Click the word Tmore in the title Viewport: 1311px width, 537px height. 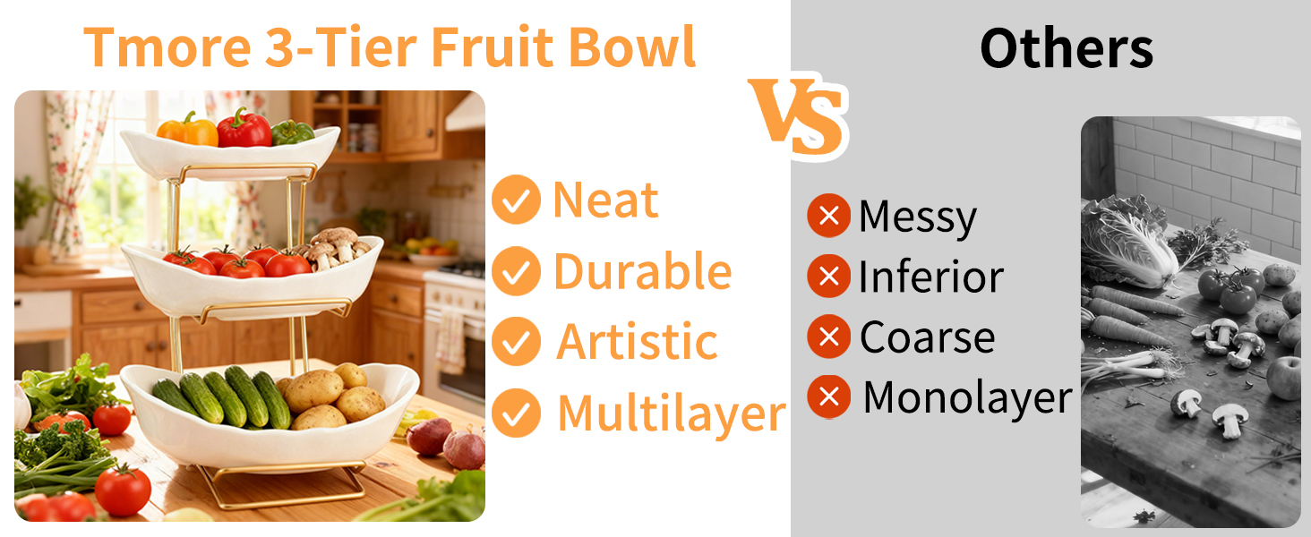(167, 47)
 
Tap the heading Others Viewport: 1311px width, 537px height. (1067, 48)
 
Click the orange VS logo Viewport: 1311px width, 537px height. (798, 117)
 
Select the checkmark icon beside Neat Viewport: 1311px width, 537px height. (516, 200)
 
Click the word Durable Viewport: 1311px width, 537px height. (643, 271)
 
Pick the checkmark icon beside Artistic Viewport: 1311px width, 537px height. (516, 342)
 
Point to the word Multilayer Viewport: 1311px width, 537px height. (672, 414)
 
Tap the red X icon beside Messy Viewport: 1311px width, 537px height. (828, 216)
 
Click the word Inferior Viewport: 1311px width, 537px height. (931, 277)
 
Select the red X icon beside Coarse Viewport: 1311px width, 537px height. (828, 337)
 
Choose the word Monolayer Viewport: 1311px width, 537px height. (967, 397)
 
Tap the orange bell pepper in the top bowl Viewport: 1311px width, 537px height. (188, 129)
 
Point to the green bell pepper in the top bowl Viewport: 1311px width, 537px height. (292, 132)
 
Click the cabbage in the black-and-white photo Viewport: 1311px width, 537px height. (1127, 241)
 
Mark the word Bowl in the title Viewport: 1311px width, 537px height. (632, 47)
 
